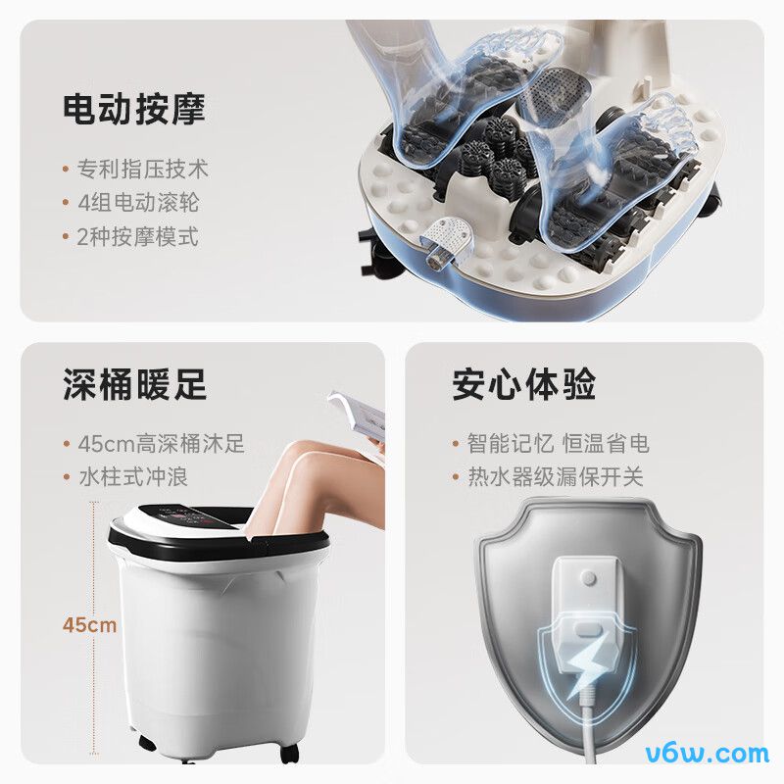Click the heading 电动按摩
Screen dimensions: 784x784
(134, 108)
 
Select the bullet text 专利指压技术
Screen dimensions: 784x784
(143, 169)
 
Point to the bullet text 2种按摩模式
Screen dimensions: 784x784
(138, 237)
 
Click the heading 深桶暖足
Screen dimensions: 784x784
(134, 384)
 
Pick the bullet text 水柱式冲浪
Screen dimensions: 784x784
(132, 477)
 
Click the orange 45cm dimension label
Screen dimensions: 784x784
(88, 624)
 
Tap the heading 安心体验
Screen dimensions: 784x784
(524, 384)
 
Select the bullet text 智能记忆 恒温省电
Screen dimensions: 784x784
(558, 444)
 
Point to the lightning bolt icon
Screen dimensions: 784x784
(587, 661)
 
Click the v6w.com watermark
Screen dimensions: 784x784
(707, 754)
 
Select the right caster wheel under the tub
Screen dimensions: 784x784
(288, 753)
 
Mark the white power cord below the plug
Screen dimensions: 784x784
(589, 735)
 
